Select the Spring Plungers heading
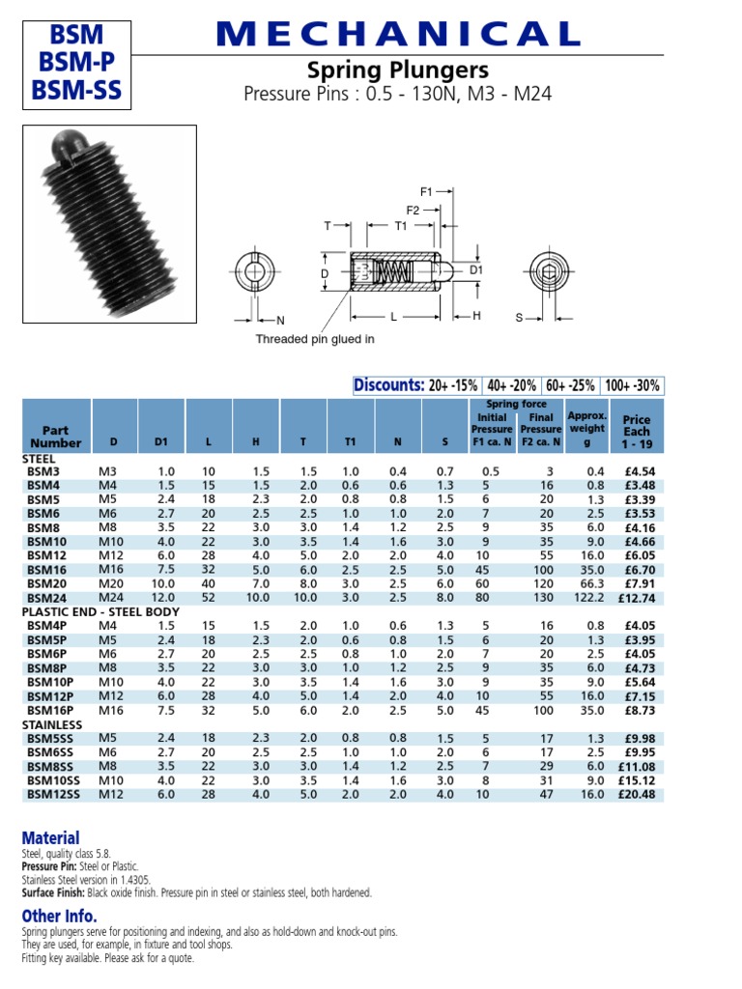click(398, 71)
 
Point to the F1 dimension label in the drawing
click(427, 191)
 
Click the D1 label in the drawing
click(475, 271)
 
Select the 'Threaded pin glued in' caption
click(314, 339)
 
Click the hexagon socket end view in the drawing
click(550, 272)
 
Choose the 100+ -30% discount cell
click(633, 385)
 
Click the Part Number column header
click(55, 436)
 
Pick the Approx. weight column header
click(586, 428)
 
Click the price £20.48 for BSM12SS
click(636, 794)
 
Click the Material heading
click(50, 838)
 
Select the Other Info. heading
click(59, 916)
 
